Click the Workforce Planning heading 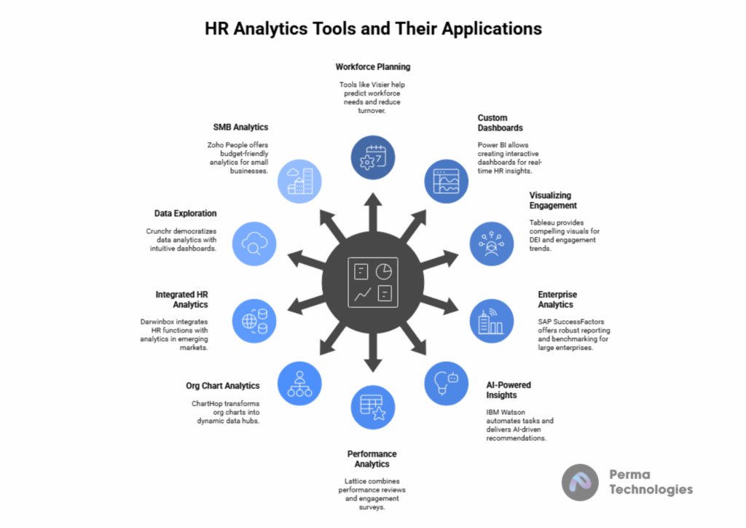click(372, 67)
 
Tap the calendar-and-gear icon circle click(373, 158)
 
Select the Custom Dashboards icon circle click(447, 182)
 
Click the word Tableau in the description click(542, 222)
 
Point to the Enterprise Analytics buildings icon click(492, 322)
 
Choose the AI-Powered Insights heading click(509, 390)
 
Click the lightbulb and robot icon click(447, 383)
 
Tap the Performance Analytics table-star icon click(373, 408)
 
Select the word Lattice click(355, 481)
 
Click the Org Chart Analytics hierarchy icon click(299, 384)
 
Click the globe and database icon click(254, 321)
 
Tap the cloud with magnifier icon click(254, 244)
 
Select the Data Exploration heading click(185, 213)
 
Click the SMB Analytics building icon click(299, 182)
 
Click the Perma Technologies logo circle click(580, 482)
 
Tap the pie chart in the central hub click(383, 272)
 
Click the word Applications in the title click(492, 29)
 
